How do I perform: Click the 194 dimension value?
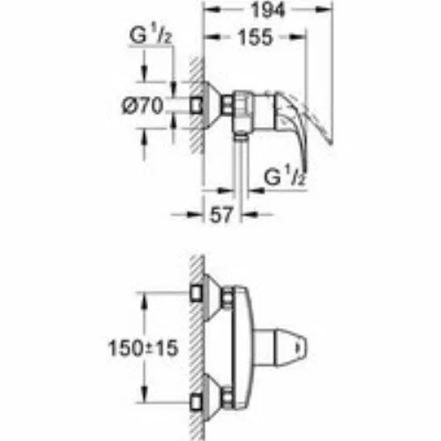[267, 11]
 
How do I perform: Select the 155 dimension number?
[255, 38]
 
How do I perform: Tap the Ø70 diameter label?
[142, 106]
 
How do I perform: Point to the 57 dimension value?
[221, 214]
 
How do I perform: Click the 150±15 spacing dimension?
[143, 348]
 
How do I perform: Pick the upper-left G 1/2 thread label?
[150, 36]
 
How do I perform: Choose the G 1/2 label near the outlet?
[284, 177]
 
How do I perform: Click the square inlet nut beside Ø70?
[196, 106]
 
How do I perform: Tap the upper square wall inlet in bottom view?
[196, 293]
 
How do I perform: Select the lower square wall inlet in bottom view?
[196, 402]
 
